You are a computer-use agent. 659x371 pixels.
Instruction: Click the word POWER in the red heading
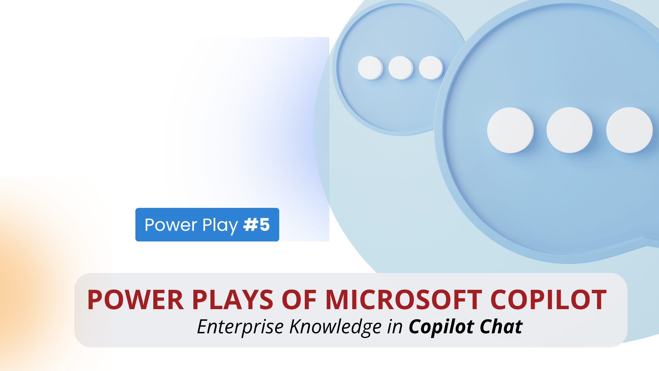point(136,300)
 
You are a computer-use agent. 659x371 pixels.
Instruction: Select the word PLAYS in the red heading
point(233,300)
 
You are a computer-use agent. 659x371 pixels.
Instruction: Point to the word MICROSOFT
point(404,300)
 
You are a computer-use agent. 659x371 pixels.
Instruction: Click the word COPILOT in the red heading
point(548,300)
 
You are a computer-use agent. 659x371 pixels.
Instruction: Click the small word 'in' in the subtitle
point(395,327)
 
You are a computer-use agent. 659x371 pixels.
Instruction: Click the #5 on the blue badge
point(256,225)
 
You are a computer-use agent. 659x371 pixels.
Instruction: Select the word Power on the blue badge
point(171,225)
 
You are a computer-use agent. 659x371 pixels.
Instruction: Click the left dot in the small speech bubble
point(370,68)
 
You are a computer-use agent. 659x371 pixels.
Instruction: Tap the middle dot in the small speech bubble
point(401,68)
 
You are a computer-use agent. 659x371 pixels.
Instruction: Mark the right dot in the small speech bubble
point(431,68)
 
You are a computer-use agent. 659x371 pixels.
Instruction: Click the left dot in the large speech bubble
point(510,130)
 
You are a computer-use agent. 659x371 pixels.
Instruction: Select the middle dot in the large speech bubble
point(570,130)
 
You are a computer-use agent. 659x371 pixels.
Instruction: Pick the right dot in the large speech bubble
point(630,130)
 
